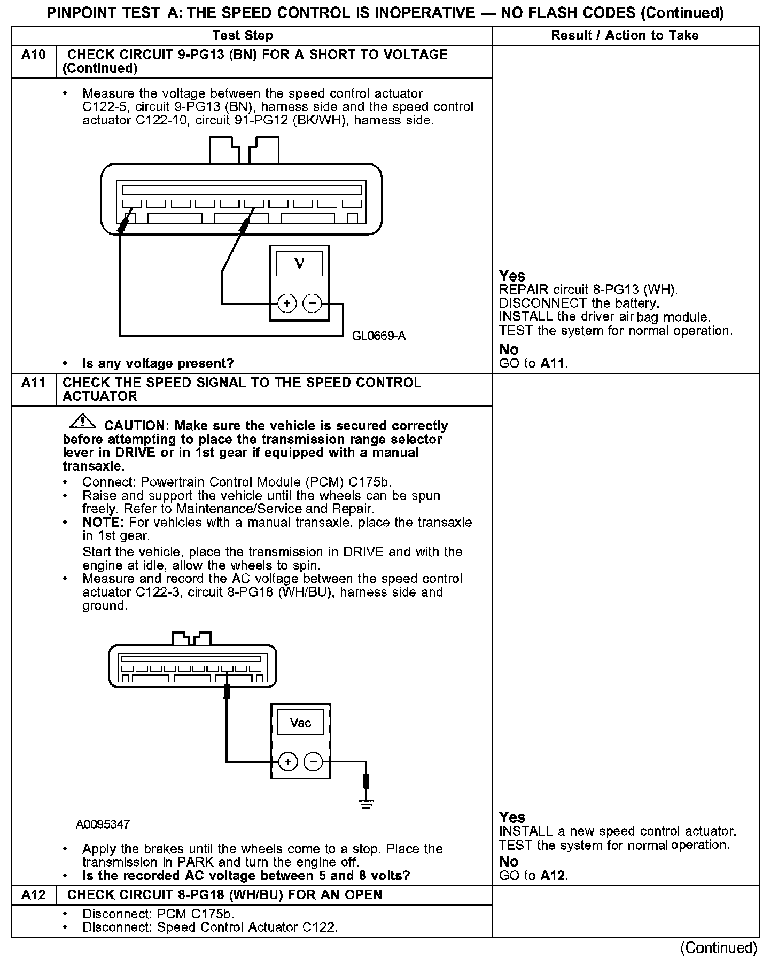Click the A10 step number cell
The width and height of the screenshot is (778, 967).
(x=34, y=55)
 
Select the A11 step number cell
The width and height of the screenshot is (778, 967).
(x=34, y=383)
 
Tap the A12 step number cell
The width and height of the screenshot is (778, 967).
(x=34, y=895)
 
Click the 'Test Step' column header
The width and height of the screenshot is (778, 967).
(x=243, y=36)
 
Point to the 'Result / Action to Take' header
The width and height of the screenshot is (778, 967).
(x=625, y=36)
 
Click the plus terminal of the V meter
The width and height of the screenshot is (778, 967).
(x=287, y=304)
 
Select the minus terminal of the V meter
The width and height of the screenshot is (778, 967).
(x=313, y=304)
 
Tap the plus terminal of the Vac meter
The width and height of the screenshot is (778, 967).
(x=288, y=761)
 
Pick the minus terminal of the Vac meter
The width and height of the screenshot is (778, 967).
(x=314, y=761)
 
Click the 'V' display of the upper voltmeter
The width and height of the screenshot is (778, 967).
(x=299, y=264)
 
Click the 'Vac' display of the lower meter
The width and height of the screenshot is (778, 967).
(x=300, y=723)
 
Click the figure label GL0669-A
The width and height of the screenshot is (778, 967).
(x=378, y=336)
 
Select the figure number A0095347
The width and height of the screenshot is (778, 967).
(x=103, y=824)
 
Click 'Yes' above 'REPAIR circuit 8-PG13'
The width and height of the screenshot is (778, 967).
(x=512, y=276)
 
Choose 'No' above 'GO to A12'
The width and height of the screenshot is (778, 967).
(x=509, y=862)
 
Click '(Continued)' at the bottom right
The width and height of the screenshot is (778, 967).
(x=719, y=948)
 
